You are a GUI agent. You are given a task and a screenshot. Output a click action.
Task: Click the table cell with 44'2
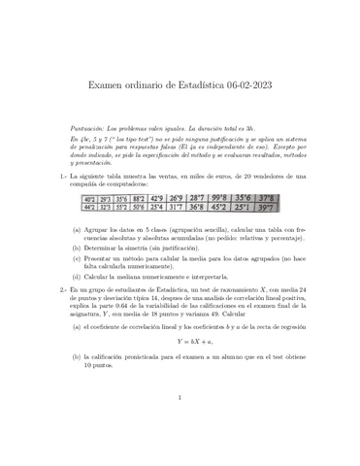pyautogui.click(x=94, y=207)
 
